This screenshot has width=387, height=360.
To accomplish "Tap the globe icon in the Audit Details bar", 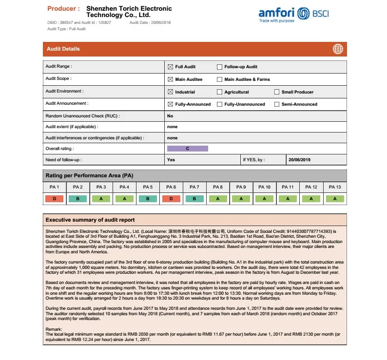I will [338, 49].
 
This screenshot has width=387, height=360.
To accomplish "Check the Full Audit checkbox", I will [171, 67].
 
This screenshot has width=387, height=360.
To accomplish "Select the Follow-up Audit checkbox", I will [219, 67].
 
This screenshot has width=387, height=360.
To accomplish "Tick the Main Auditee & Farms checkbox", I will [219, 79].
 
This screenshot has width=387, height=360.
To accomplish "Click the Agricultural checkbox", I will [219, 92].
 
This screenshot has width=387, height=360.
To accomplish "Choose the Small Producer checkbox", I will [277, 92].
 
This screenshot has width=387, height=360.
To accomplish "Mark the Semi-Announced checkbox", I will [277, 104].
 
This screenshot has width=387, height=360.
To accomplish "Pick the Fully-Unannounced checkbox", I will [219, 104].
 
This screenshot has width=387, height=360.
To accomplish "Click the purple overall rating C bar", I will [188, 148].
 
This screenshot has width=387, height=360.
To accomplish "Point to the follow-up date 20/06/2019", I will [299, 160].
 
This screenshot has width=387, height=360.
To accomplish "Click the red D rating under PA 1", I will [55, 199].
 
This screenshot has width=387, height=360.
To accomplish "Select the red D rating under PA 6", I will [171, 199].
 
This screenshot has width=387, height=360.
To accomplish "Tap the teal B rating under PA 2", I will [78, 199].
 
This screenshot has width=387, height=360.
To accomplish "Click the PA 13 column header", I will [335, 187].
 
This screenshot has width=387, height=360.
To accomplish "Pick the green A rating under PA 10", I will [265, 199].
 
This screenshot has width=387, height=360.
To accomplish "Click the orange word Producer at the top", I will [63, 9].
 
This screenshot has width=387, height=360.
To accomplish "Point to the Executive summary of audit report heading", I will [90, 220].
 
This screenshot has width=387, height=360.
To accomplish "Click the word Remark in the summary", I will [54, 330].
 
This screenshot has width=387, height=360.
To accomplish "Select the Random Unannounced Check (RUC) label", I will [82, 116].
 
